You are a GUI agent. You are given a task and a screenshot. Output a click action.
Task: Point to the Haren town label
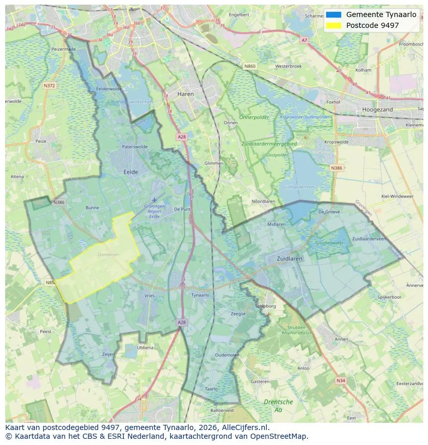(x=185, y=94)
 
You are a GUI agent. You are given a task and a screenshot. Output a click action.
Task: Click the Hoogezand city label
(x=378, y=110)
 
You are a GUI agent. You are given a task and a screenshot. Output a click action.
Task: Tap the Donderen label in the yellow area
(x=108, y=254)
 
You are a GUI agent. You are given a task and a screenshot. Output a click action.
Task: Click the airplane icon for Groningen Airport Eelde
(x=154, y=200)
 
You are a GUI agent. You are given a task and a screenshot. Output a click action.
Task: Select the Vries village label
(x=149, y=295)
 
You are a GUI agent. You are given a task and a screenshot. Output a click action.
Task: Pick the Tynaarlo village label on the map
(x=200, y=295)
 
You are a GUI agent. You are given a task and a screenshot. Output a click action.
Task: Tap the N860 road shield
(x=250, y=66)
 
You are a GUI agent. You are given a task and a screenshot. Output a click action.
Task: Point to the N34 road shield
(x=340, y=380)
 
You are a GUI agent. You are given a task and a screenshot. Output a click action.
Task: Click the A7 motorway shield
(x=304, y=40)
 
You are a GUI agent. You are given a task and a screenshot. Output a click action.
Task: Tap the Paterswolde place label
(x=134, y=147)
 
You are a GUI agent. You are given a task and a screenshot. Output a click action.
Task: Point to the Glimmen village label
(x=214, y=163)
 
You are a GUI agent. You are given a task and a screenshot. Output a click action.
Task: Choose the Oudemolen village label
(x=227, y=355)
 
